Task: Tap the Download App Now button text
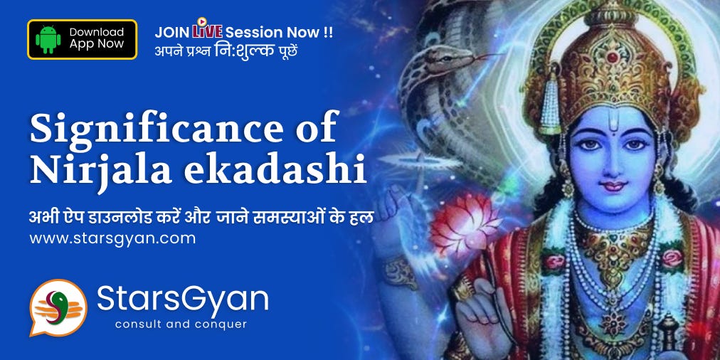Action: [97, 38]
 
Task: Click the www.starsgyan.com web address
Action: [112, 238]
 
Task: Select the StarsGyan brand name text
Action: [182, 300]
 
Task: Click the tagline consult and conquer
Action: [181, 324]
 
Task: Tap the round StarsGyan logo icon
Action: [58, 307]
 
